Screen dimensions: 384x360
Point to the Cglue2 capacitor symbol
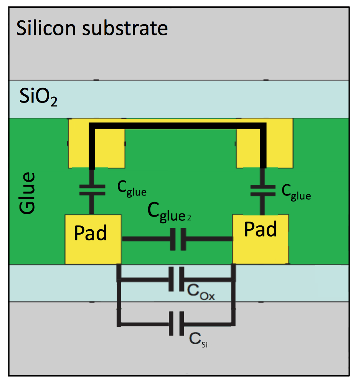[x=177, y=240]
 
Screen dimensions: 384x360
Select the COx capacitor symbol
[x=177, y=280]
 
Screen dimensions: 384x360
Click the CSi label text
[x=199, y=339]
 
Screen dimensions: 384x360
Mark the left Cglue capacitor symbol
[x=92, y=190]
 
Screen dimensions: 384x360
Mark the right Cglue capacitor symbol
[x=263, y=190]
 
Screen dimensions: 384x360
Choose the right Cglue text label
[x=296, y=192]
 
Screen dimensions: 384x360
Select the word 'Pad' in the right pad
[x=261, y=229]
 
